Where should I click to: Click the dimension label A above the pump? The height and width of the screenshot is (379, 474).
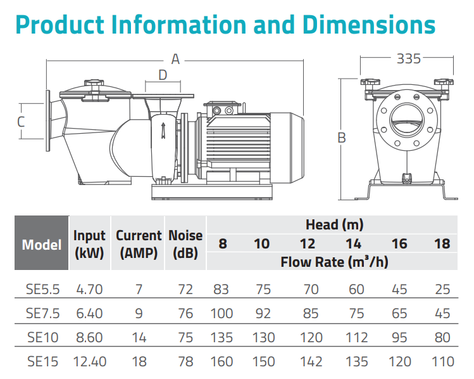pos(176,60)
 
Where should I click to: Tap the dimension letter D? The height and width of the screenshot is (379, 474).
pos(163,75)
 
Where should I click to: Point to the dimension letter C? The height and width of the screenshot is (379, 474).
pos(21,121)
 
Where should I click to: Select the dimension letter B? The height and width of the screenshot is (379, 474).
pos(342,137)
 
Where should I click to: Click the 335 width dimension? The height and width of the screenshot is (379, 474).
pos(409,59)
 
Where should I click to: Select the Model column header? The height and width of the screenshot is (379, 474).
pos(42,245)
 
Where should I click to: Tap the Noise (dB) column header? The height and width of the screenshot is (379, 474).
pos(185,244)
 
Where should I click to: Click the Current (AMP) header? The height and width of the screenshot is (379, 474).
pos(139,244)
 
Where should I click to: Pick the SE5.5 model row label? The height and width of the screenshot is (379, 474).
pos(43,290)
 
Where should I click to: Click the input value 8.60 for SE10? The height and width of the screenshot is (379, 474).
pos(89,338)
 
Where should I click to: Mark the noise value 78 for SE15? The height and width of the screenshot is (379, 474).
pos(185,362)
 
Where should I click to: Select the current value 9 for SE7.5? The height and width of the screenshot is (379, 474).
pos(139,314)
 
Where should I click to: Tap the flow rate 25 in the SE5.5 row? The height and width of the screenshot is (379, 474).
pos(442,290)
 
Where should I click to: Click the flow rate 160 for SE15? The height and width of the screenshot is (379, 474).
pos(222,362)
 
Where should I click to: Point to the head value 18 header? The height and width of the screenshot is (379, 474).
pos(442,243)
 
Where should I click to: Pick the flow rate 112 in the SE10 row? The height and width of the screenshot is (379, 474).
pos(356,338)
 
